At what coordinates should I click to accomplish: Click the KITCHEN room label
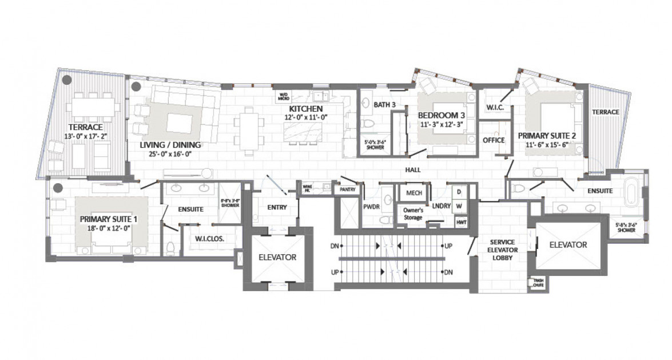306,108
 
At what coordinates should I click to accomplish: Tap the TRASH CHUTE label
538,282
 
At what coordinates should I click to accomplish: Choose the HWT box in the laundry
459,221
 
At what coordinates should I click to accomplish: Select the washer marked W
458,206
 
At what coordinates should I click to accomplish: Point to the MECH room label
413,193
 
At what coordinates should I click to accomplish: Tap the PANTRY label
347,189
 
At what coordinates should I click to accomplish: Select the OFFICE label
493,140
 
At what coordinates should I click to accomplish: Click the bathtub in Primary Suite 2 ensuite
631,194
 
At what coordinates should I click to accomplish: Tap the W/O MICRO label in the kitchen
283,97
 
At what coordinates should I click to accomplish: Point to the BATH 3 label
385,105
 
